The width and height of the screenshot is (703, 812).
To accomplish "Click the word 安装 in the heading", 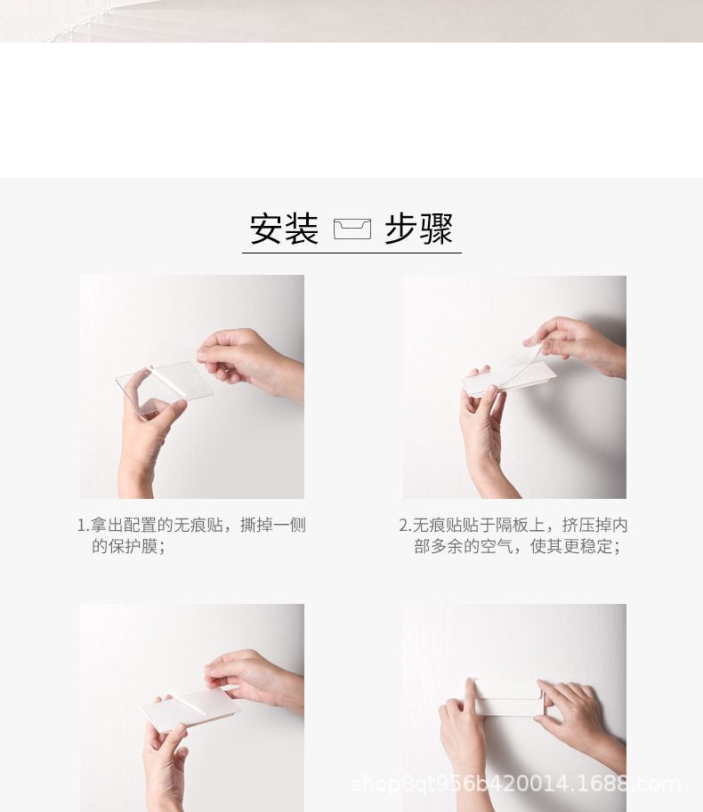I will pos(284,229).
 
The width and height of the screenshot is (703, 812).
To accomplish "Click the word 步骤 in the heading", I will pos(419,229).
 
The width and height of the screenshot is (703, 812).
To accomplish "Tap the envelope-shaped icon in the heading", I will pos(351,229).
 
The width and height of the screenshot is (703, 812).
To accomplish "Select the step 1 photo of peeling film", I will pos(191,386).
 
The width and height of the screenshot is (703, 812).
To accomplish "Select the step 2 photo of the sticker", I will pos(514,386).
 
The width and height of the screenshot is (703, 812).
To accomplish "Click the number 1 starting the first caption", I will pos(81,526).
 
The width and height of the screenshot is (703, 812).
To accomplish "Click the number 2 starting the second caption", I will pos(403,526).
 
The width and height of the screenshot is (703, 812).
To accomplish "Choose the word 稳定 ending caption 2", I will pos(597,546).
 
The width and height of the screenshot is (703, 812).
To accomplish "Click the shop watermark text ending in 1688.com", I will pos(515,784).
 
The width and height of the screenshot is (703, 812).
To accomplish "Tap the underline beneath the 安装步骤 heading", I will pos(351,253).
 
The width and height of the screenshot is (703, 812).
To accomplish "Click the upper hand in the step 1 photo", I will pos(245,356).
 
